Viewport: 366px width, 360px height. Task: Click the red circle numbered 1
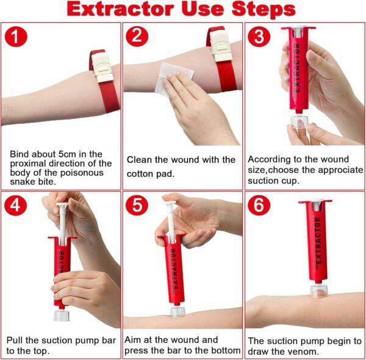pyautogui.click(x=16, y=37)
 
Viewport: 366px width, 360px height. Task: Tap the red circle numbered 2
pyautogui.click(x=137, y=37)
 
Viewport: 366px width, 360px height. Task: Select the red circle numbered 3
pyautogui.click(x=259, y=37)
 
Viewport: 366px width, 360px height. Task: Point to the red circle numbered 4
pyautogui.click(x=15, y=206)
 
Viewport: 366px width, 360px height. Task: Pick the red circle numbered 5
pyautogui.click(x=137, y=206)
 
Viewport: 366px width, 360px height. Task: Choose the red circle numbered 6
pyautogui.click(x=259, y=206)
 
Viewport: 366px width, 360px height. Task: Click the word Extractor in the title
pyautogui.click(x=120, y=9)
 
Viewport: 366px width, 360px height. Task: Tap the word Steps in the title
pyautogui.click(x=264, y=10)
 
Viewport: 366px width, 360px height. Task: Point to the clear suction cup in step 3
pyautogui.click(x=299, y=121)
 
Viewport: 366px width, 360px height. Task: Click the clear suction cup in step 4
pyautogui.click(x=62, y=315)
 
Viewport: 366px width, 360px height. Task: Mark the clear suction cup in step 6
pyautogui.click(x=318, y=290)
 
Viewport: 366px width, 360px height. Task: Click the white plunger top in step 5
pyautogui.click(x=170, y=202)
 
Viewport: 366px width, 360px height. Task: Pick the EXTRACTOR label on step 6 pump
pyautogui.click(x=318, y=241)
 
